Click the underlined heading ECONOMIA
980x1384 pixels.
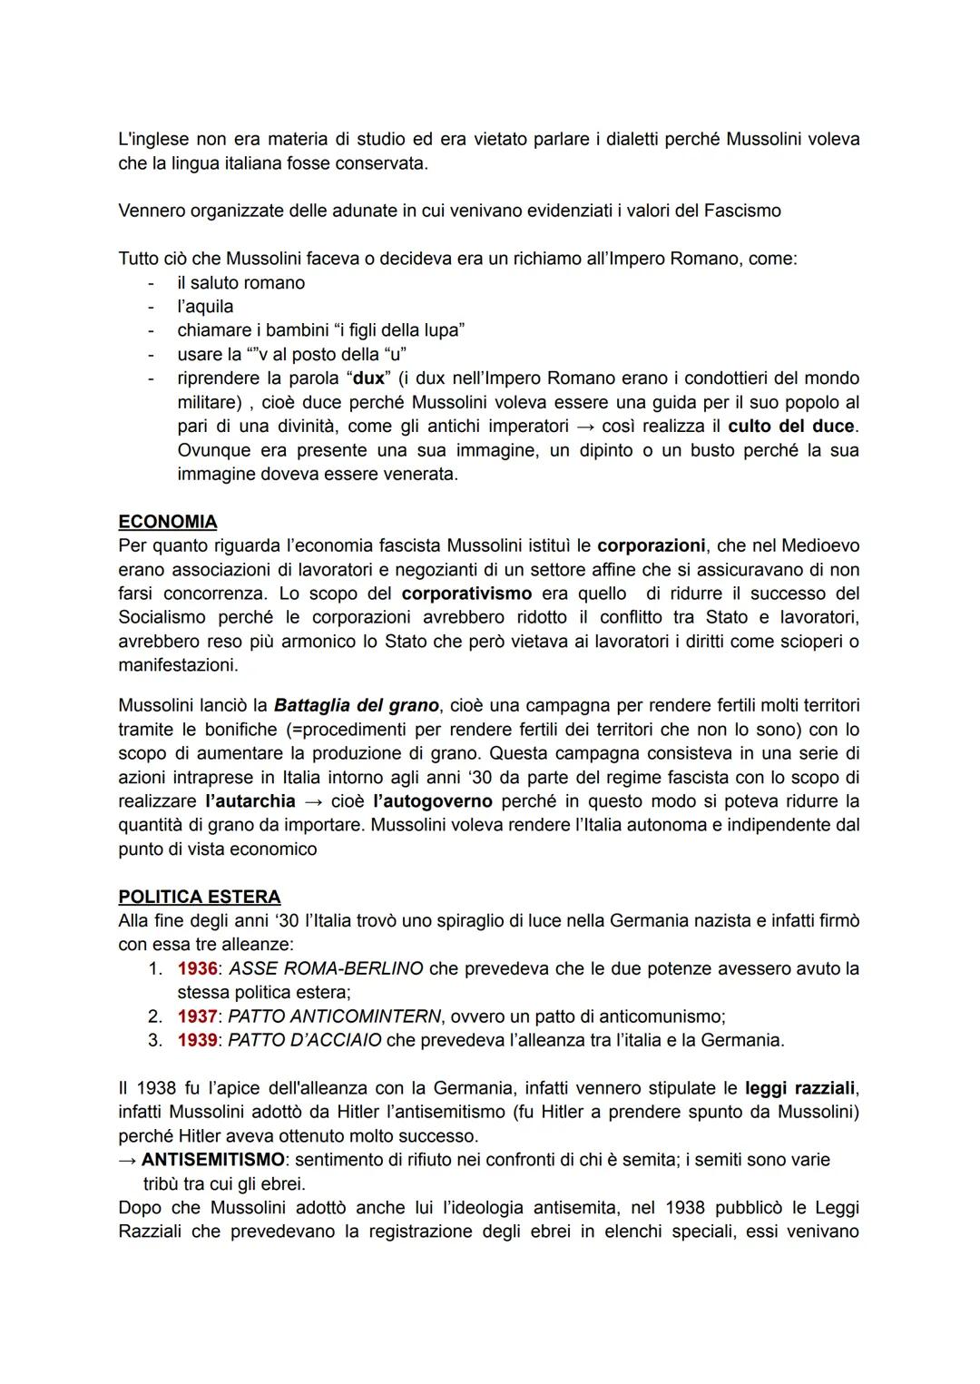click(x=168, y=522)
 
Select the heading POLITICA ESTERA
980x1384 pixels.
click(x=199, y=897)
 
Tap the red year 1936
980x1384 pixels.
click(x=197, y=968)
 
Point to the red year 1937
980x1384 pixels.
click(x=197, y=1016)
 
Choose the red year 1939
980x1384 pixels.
click(x=197, y=1040)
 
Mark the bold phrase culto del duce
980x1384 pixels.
click(x=790, y=427)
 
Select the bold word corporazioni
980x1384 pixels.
click(x=651, y=546)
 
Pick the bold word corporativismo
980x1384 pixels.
click(x=466, y=594)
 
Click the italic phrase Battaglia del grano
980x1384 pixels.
click(x=356, y=705)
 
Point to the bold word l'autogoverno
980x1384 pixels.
click(x=433, y=801)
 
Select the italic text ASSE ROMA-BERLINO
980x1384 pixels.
click(x=326, y=968)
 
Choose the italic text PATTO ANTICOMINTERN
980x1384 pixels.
click(x=334, y=1016)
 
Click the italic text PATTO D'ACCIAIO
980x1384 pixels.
click(x=304, y=1040)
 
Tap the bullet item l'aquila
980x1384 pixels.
click(x=205, y=307)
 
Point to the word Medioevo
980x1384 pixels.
click(x=820, y=546)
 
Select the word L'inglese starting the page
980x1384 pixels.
click(x=153, y=140)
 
